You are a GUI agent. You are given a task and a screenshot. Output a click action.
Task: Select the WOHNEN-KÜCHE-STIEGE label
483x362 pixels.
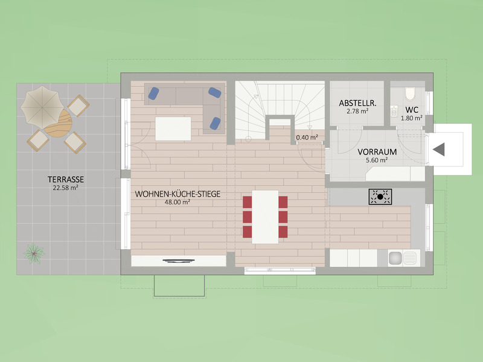click(178, 194)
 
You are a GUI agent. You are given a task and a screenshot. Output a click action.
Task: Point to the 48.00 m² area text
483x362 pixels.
click(178, 202)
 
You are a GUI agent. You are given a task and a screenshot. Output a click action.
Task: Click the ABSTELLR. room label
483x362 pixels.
click(357, 103)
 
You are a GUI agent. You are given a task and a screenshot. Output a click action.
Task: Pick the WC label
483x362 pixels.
click(412, 110)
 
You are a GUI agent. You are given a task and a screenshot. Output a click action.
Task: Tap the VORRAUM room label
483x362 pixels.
click(377, 152)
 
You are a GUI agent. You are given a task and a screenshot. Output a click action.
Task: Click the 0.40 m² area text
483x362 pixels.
click(306, 138)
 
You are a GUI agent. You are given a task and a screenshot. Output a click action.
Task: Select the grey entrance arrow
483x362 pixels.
click(438, 149)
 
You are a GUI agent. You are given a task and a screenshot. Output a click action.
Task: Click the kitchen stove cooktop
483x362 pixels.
click(380, 195)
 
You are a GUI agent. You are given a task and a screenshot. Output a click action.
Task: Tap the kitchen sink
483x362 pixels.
click(403, 258)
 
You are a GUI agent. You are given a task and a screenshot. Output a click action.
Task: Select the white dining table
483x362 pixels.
click(265, 217)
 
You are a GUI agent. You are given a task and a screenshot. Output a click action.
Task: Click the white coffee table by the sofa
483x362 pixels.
click(173, 128)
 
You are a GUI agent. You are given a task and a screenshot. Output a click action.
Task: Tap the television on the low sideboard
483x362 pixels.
click(179, 261)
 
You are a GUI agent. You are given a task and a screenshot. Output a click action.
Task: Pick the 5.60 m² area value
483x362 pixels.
click(377, 160)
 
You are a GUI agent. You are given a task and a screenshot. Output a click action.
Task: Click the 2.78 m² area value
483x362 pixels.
click(357, 112)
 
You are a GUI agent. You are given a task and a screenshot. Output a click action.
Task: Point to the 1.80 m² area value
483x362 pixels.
click(412, 118)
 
